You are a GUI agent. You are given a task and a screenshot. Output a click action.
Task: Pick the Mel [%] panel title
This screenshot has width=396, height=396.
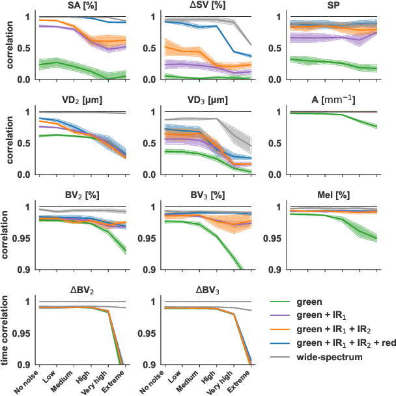329,195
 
